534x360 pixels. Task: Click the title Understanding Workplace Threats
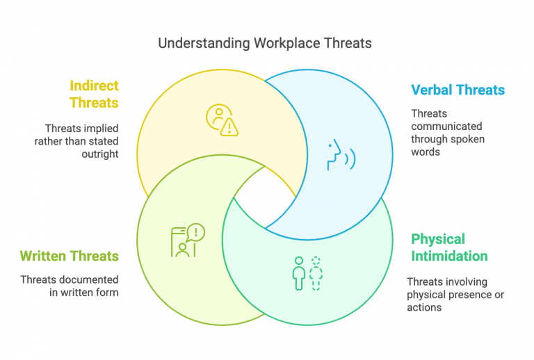pyautogui.click(x=265, y=43)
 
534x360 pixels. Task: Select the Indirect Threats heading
pyautogui.click(x=94, y=95)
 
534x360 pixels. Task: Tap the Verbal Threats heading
pyautogui.click(x=458, y=90)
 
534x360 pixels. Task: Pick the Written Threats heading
pyautogui.click(x=69, y=256)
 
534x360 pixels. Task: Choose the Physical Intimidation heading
pyautogui.click(x=449, y=247)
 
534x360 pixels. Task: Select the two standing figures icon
pyautogui.click(x=307, y=273)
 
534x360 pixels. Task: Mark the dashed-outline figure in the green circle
pyautogui.click(x=316, y=273)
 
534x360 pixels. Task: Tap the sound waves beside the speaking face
pyautogui.click(x=350, y=159)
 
